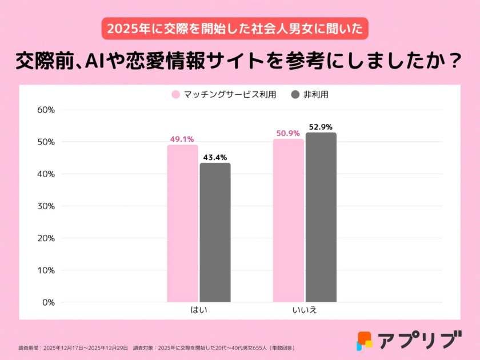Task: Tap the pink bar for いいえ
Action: (x=288, y=220)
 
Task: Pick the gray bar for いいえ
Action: (x=321, y=217)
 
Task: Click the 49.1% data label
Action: (x=182, y=139)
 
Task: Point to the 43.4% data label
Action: (x=215, y=157)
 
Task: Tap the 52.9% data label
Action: (x=321, y=127)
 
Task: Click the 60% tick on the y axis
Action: (x=45, y=110)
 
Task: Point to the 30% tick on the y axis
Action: (x=45, y=206)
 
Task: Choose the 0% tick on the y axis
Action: (x=48, y=302)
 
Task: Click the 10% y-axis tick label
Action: (x=45, y=270)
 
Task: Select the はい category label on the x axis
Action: (x=199, y=310)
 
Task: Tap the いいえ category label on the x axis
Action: (x=304, y=310)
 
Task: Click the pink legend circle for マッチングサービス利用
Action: (x=176, y=95)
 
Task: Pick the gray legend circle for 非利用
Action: (x=295, y=95)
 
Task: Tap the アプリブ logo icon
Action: (x=364, y=341)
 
